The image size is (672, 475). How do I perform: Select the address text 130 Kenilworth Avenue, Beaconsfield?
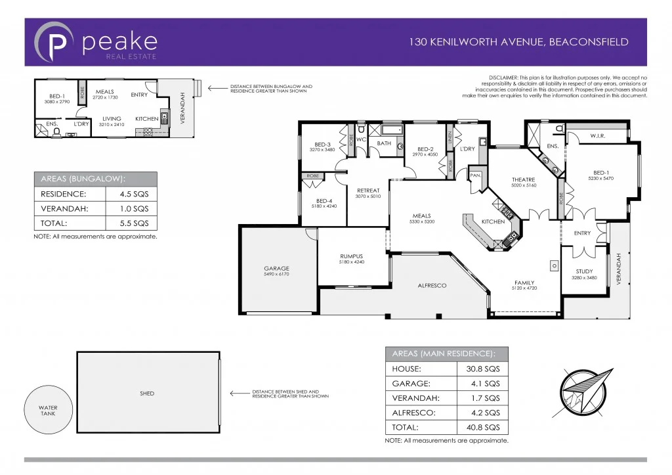click(518, 42)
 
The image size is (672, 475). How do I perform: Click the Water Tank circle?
click(47, 410)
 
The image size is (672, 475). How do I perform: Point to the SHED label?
click(147, 394)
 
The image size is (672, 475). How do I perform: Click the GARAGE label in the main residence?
click(276, 269)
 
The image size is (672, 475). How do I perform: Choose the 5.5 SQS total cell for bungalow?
click(131, 224)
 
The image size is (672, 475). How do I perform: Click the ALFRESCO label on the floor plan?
click(432, 286)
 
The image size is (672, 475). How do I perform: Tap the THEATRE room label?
click(523, 179)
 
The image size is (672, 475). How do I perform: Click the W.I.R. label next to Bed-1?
click(597, 136)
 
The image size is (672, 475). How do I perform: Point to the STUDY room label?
click(584, 271)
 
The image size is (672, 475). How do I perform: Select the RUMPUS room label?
click(351, 256)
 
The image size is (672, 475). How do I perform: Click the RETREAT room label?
click(367, 191)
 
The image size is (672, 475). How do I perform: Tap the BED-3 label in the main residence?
click(322, 145)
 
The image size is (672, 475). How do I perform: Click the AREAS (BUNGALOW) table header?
click(95, 179)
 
